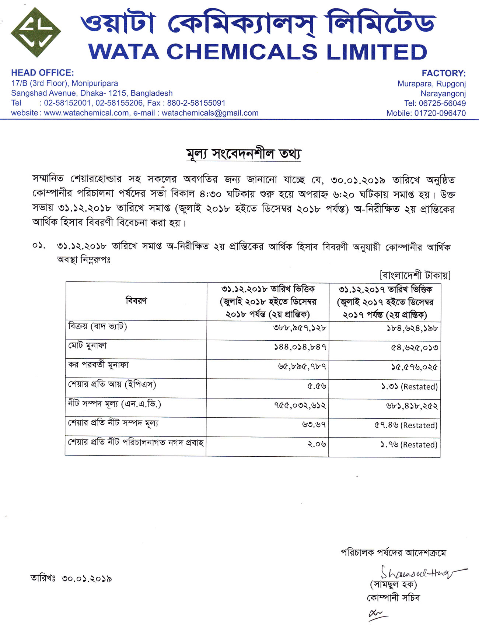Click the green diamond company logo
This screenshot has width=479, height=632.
tap(36, 32)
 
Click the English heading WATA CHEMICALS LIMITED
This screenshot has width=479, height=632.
tap(258, 52)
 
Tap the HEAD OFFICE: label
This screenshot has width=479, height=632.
tap(42, 73)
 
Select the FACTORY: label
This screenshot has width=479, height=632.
tap(444, 73)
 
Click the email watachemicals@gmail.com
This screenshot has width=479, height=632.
tap(210, 113)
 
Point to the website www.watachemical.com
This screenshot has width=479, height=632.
tap(87, 113)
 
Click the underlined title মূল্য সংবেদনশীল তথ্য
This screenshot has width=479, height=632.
tap(244, 154)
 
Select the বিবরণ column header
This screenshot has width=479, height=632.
tap(136, 301)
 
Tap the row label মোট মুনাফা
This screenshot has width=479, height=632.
tap(87, 346)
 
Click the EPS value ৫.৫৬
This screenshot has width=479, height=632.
tap(317, 386)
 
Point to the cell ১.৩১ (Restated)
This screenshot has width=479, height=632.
tap(409, 387)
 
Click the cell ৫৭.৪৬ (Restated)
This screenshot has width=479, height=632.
tap(406, 425)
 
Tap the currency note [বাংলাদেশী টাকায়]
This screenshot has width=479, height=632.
tap(415, 275)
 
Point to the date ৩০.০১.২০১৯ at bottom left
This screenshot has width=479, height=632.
tap(87, 579)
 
